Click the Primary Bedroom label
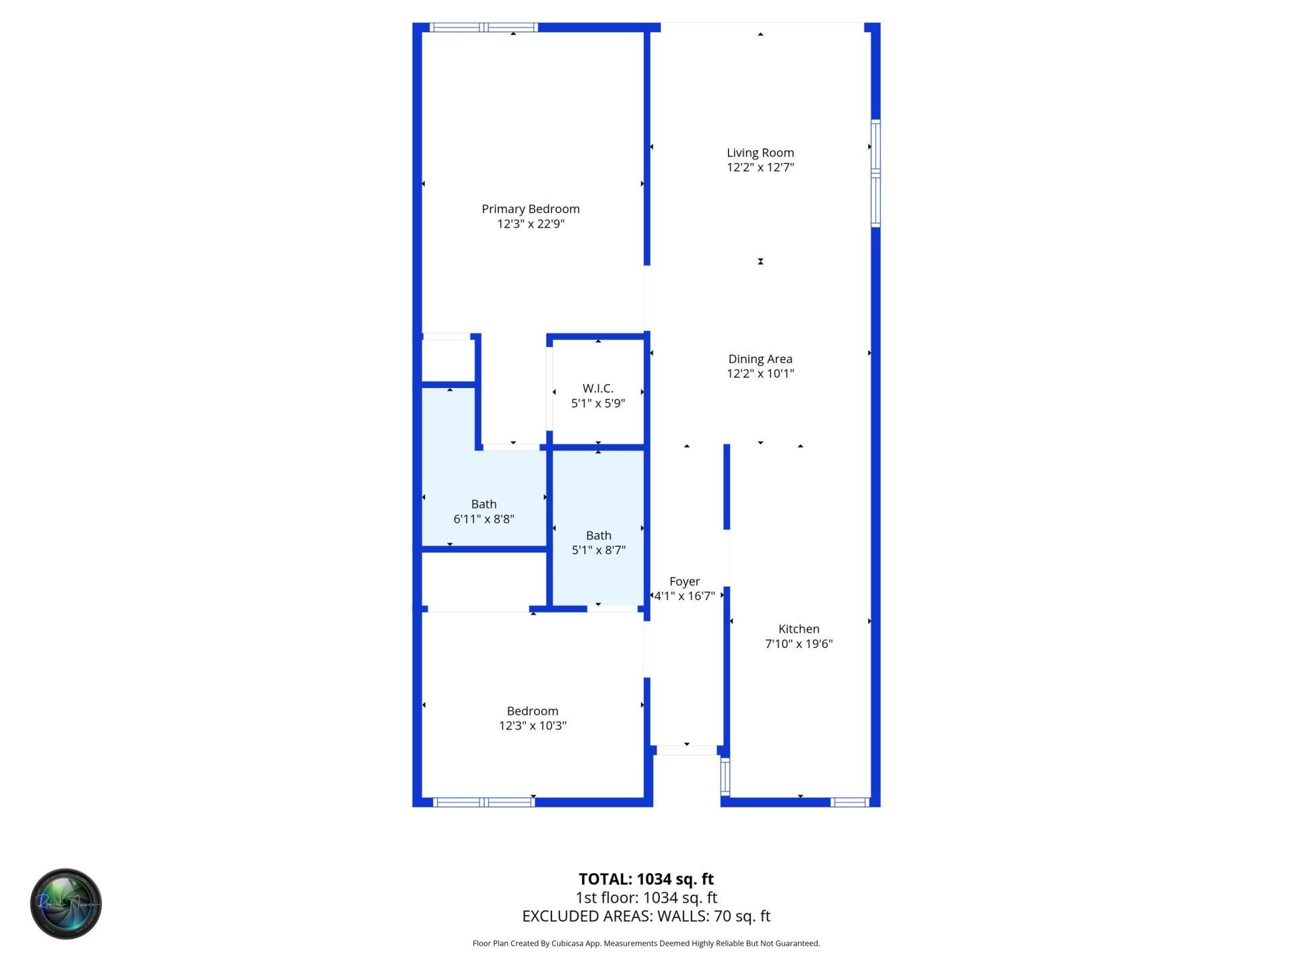coord(531,209)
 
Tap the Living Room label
coord(760,153)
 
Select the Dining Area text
coord(760,359)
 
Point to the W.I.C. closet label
coord(598,389)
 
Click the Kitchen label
coord(799,628)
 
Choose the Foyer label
coord(684,581)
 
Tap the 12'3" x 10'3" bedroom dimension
coord(533,725)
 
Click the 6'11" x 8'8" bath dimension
coord(484,519)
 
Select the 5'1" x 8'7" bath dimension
coord(599,550)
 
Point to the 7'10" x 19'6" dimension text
coord(799,643)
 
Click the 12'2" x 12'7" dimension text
coord(760,167)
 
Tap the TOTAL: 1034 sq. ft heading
coord(646,879)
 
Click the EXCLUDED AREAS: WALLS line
coord(646,916)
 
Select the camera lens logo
coord(66,903)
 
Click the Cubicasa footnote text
coord(646,943)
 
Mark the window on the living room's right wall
coord(875,173)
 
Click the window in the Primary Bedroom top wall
coord(484,28)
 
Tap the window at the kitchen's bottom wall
coord(850,802)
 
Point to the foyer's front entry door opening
coord(687,750)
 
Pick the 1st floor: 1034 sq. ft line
coord(646,897)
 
